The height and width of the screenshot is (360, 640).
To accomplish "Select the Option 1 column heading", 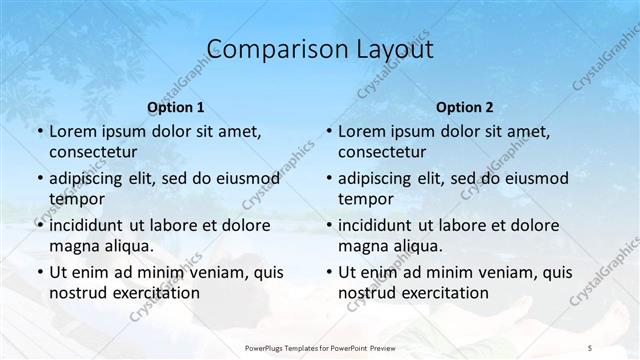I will [176, 106].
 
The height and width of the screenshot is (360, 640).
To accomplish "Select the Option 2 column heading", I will [465, 106].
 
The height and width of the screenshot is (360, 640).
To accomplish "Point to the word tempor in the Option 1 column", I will [75, 199].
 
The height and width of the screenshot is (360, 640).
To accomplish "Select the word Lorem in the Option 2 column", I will [363, 130].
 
